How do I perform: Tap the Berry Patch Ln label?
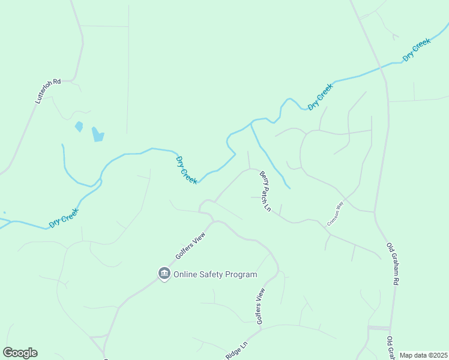265,192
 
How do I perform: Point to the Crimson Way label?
334,213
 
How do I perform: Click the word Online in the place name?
187,275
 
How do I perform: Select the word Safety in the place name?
215,275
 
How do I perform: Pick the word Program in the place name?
243,275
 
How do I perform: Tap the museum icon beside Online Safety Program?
164,274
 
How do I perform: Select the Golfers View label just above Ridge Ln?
260,306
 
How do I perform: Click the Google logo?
20,353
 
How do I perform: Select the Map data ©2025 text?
423,355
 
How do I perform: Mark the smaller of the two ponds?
79,127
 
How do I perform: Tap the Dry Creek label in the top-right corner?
417,49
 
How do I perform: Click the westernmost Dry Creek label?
64,217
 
